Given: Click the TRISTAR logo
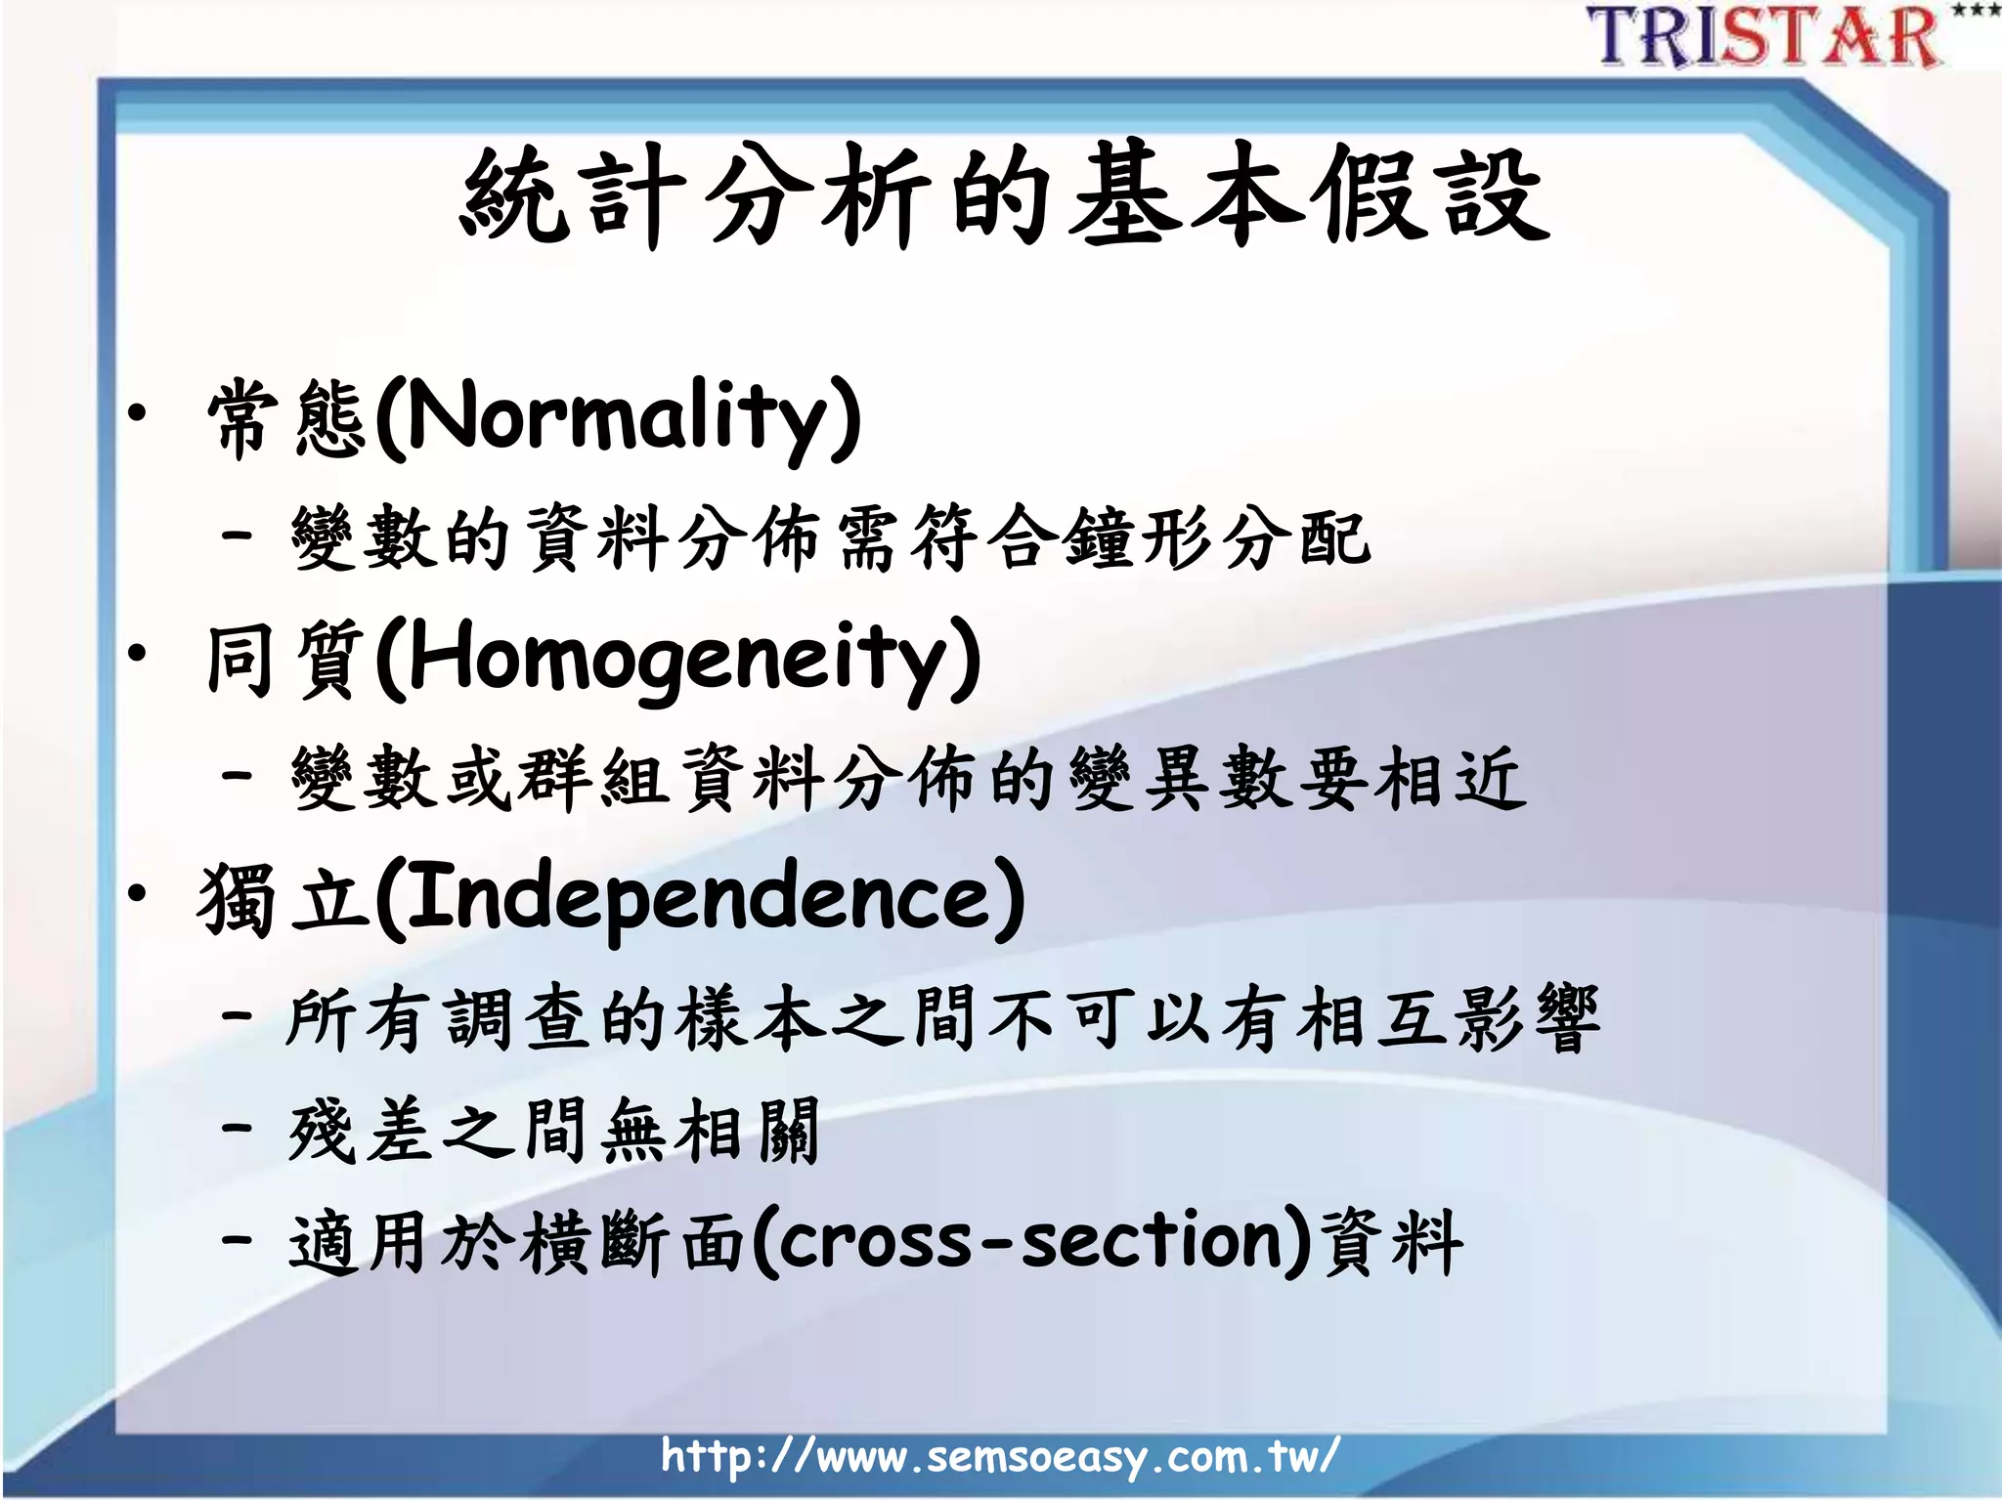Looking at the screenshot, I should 1764,37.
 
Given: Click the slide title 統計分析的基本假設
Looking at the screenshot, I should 1004,195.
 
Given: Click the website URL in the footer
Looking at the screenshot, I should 999,1456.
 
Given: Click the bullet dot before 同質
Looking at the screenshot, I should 138,652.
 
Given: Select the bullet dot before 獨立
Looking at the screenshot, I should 138,891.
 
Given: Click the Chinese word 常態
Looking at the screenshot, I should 286,418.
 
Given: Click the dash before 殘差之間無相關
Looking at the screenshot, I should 237,1128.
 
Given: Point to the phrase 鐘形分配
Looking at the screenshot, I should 1216,538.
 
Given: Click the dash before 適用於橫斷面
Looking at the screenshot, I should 237,1241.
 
